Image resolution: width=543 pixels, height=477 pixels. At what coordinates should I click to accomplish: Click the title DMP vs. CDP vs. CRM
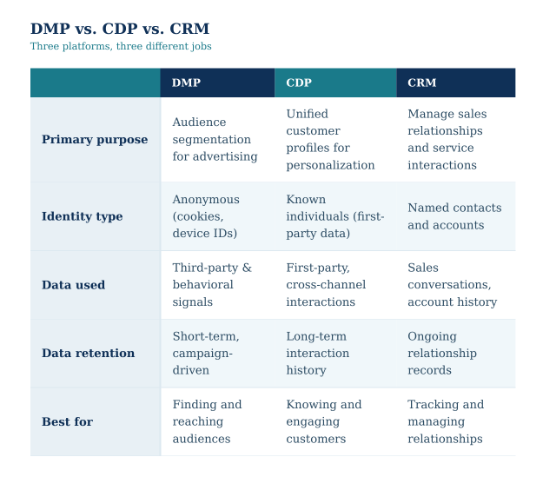tap(119, 30)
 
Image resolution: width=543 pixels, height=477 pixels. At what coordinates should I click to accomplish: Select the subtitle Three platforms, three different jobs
tap(121, 47)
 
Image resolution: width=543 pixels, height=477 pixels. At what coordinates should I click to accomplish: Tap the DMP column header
tap(186, 83)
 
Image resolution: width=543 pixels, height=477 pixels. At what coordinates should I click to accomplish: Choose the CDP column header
tap(299, 83)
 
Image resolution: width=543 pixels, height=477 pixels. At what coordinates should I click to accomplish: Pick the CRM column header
tap(422, 83)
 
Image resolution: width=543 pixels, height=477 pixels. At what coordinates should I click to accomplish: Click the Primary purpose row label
tap(95, 140)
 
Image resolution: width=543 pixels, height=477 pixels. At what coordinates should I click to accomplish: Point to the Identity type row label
tap(82, 216)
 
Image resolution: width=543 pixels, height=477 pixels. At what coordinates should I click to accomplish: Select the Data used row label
tap(73, 285)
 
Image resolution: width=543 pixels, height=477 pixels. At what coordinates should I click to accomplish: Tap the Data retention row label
tap(88, 354)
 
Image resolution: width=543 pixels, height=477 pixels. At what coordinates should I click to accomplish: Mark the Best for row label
tap(67, 422)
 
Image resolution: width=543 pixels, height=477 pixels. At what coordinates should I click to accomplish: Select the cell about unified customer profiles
tap(330, 140)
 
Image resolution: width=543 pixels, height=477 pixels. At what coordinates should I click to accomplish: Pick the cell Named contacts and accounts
tap(454, 216)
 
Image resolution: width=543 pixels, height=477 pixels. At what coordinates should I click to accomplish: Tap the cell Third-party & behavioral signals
tap(212, 285)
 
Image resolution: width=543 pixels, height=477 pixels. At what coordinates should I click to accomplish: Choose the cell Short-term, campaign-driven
tap(206, 354)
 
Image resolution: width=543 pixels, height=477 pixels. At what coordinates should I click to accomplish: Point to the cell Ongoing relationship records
tap(442, 354)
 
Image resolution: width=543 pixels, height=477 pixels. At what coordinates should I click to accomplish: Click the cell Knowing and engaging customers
tap(324, 422)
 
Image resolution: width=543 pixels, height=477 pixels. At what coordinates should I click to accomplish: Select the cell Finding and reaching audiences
tap(207, 422)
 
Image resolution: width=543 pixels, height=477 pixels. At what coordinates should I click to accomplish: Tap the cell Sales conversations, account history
tap(452, 285)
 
